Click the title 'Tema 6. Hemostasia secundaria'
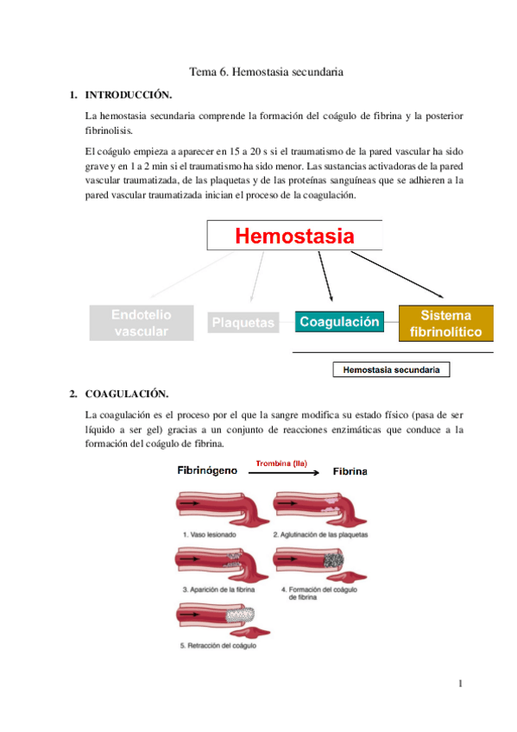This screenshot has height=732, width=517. tap(266, 73)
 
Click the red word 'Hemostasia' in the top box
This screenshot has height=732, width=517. tap(295, 236)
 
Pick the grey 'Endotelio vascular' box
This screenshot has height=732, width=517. tap(141, 324)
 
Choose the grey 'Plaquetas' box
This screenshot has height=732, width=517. tap(243, 324)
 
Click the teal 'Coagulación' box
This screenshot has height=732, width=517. tap(339, 322)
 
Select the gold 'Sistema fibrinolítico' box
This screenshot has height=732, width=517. tap(446, 323)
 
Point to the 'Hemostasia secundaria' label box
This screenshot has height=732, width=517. tap(391, 370)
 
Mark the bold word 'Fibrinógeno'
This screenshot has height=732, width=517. tap(208, 472)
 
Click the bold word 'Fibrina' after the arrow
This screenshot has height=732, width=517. tap(350, 472)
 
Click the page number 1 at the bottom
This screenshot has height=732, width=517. tap(462, 685)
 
